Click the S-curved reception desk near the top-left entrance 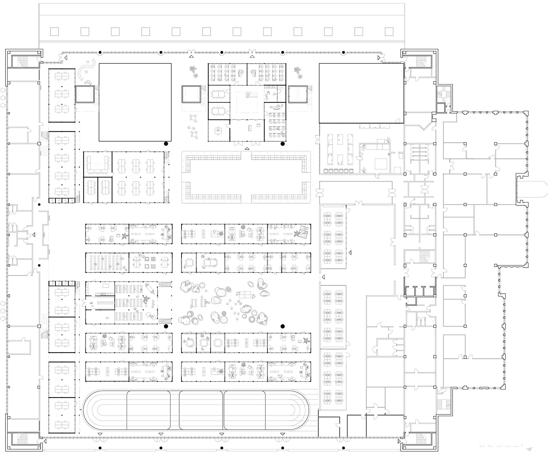point(86,69)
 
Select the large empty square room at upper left point(135,102)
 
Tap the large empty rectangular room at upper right point(361,93)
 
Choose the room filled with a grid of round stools point(107,262)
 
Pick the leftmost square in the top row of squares point(54,32)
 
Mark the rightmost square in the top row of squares point(389,32)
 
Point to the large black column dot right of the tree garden point(283,326)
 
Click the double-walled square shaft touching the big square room point(84,94)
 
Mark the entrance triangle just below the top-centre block point(247,149)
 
